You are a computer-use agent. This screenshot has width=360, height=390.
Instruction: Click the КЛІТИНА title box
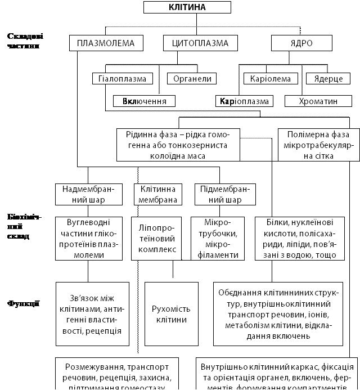click(x=187, y=7)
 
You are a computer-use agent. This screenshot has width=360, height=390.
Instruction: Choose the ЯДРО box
click(x=300, y=43)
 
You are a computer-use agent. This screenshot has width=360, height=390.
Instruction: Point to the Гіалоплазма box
click(x=123, y=79)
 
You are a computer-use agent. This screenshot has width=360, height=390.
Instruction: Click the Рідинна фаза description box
click(x=177, y=145)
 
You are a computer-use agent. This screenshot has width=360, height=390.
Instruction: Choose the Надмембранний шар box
click(x=89, y=194)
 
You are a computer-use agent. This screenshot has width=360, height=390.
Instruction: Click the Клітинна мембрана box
click(x=157, y=194)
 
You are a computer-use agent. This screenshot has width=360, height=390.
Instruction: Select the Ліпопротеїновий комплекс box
click(x=157, y=239)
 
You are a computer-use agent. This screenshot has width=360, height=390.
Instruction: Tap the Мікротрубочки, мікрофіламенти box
click(x=215, y=239)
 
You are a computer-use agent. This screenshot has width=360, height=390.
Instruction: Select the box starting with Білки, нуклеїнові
click(x=296, y=239)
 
